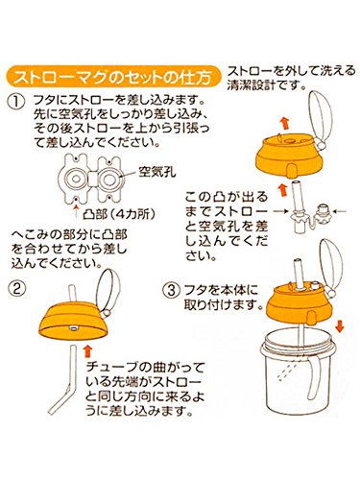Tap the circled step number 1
tap(16, 102)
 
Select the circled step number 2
tap(16, 289)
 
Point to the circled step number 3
tap(172, 291)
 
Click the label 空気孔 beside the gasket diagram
tap(157, 173)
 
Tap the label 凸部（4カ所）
tap(119, 214)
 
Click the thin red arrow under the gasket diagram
tap(76, 211)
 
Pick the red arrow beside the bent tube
tap(87, 351)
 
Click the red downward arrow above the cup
tap(340, 327)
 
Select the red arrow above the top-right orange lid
tap(285, 123)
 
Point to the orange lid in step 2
tap(73, 322)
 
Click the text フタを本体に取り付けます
tap(222, 298)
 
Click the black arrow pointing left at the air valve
tap(340, 211)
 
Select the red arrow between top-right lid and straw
tap(282, 190)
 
